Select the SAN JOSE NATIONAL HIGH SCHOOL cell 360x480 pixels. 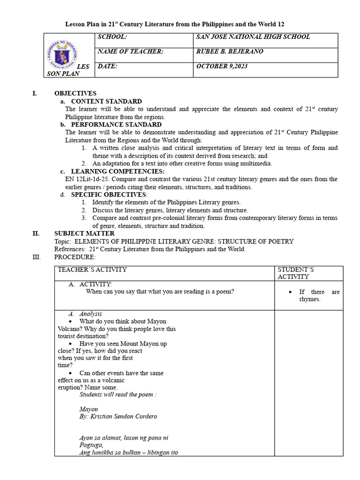253,37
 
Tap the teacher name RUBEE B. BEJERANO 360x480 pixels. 230,52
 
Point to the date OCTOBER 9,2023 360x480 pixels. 222,67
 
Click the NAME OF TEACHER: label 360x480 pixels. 130,52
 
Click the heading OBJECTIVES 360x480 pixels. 75,93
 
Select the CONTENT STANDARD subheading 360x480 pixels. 106,101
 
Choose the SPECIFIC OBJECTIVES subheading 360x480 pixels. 109,195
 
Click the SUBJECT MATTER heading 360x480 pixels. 84,233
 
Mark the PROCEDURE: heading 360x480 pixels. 75,257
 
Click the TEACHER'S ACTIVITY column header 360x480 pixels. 92,270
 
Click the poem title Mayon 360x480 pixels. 89,409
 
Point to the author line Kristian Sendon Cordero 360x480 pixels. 118,416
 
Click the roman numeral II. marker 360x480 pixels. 36,233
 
